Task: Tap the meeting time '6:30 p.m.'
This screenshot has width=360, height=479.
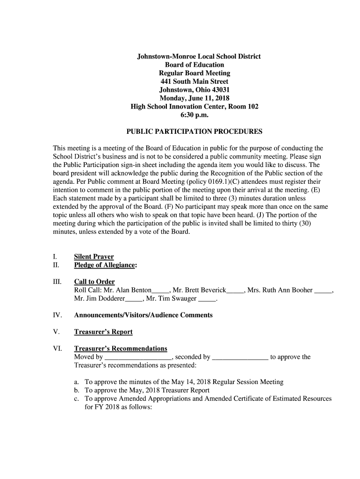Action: point(194,115)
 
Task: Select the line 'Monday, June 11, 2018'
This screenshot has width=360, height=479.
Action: point(194,98)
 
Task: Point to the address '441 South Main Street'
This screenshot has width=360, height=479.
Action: point(194,81)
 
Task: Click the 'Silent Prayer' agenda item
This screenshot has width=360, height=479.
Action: point(94,257)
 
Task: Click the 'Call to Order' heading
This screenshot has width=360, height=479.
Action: point(94,282)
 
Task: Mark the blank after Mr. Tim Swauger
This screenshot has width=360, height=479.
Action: point(208,299)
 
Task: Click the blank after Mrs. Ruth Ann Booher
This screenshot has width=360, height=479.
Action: point(323,291)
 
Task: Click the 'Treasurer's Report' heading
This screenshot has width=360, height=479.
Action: point(103,332)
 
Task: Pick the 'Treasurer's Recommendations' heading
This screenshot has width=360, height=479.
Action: point(121,348)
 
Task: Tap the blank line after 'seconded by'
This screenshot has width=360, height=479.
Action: point(240,358)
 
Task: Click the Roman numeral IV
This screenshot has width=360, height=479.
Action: point(57,315)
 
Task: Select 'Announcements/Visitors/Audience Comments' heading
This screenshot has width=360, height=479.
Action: point(143,315)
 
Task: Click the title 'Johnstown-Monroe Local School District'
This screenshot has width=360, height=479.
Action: point(198,56)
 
